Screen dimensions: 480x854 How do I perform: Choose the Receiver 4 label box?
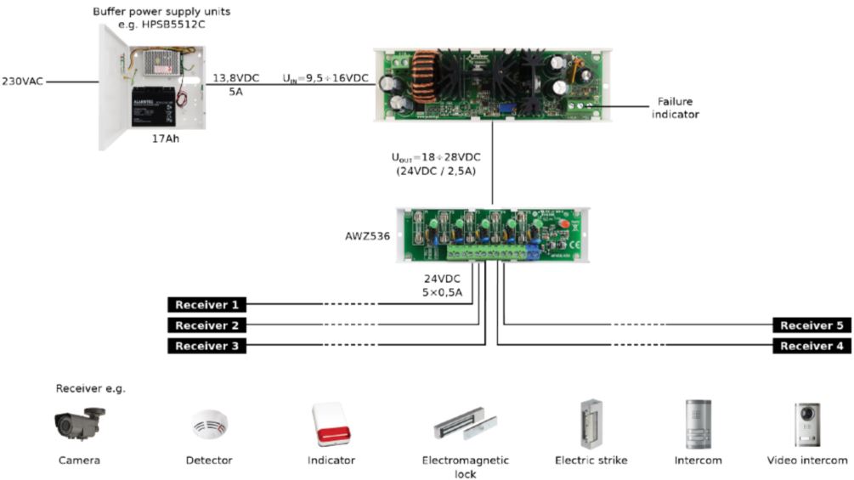812,346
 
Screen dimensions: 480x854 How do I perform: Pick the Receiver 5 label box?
812,325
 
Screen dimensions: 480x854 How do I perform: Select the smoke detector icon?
208,425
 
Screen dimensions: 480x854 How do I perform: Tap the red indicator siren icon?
331,424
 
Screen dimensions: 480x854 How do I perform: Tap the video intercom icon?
806,424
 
